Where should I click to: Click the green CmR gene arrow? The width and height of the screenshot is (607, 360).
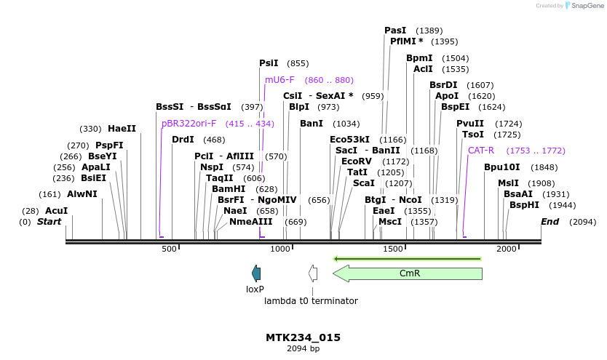point(409,273)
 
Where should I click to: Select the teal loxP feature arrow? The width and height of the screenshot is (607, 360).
point(255,273)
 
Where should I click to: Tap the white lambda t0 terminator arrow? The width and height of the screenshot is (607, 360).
point(313,273)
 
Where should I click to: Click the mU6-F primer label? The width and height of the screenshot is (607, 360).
point(279,80)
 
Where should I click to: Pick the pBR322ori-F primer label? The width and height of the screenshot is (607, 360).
point(189,124)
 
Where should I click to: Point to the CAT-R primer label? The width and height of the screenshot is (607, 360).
point(481,151)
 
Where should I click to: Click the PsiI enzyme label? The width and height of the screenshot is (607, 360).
point(269,63)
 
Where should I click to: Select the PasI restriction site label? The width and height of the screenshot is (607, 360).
point(395,31)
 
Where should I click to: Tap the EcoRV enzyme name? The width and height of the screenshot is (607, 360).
point(356,161)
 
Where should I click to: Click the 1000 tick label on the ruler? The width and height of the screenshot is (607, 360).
point(281,249)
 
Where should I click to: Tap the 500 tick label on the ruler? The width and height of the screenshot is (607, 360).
point(169,249)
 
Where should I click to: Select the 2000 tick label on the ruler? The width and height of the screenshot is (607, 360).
point(506,249)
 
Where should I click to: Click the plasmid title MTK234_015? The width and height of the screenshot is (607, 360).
point(303,337)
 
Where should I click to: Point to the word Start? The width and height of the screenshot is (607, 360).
point(49,221)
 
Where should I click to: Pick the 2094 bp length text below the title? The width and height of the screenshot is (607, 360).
point(303,349)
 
